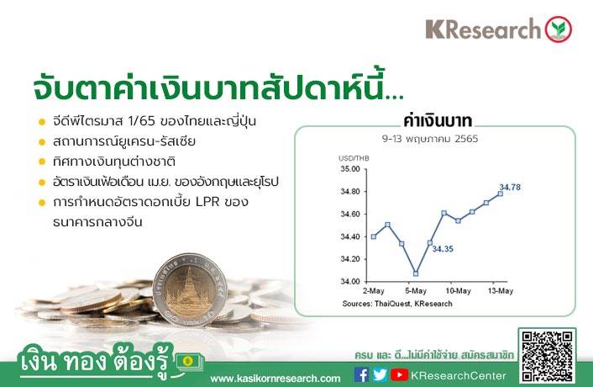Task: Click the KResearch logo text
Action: [x=484, y=29]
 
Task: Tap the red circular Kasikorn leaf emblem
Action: [x=559, y=29]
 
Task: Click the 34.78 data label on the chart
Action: [x=510, y=187]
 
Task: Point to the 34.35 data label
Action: [x=443, y=249]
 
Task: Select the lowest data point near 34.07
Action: [x=416, y=273]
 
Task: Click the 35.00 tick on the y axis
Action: [x=350, y=169]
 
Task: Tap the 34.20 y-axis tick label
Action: [x=350, y=259]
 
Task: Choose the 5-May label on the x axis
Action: [x=416, y=291]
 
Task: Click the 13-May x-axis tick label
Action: [x=501, y=291]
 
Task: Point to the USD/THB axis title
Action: [x=354, y=158]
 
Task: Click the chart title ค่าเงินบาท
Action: [x=438, y=121]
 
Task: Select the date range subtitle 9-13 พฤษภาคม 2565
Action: [x=430, y=139]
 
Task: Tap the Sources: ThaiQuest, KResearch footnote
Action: [x=397, y=304]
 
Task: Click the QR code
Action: [x=548, y=356]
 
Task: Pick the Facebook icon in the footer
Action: [x=361, y=375]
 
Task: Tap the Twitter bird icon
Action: [x=380, y=375]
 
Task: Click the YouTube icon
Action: [x=399, y=375]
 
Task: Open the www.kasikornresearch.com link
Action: [x=276, y=379]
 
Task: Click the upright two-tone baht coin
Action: [x=190, y=289]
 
